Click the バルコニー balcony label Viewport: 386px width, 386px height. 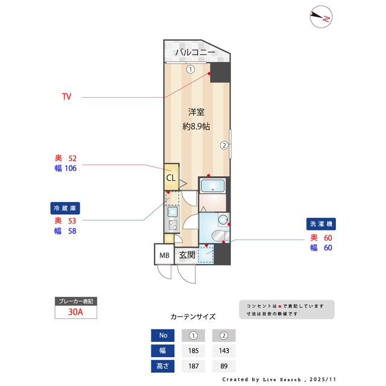coord(195,52)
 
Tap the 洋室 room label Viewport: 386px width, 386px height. coord(196,112)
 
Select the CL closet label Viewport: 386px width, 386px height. coord(171,179)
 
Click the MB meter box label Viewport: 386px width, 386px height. coord(164,255)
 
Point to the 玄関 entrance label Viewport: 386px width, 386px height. coord(186,255)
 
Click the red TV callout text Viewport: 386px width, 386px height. coord(66,96)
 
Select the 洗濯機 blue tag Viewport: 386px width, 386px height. coord(321,224)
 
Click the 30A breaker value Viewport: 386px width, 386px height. coord(75,312)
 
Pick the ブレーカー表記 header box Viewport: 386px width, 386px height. coord(75,300)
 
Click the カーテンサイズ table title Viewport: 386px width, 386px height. coord(193,316)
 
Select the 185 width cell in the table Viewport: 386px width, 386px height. coord(194,350)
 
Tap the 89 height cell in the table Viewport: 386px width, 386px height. coord(224,365)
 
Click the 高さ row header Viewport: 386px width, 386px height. coord(163,365)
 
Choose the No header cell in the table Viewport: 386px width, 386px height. coord(163,335)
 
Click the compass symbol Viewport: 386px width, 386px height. coord(321,17)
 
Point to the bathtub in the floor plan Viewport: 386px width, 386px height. coord(212,186)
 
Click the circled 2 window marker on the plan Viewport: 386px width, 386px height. coord(224,145)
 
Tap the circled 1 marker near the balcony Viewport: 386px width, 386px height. coord(191,69)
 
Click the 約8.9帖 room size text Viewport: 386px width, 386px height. coord(196,127)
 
